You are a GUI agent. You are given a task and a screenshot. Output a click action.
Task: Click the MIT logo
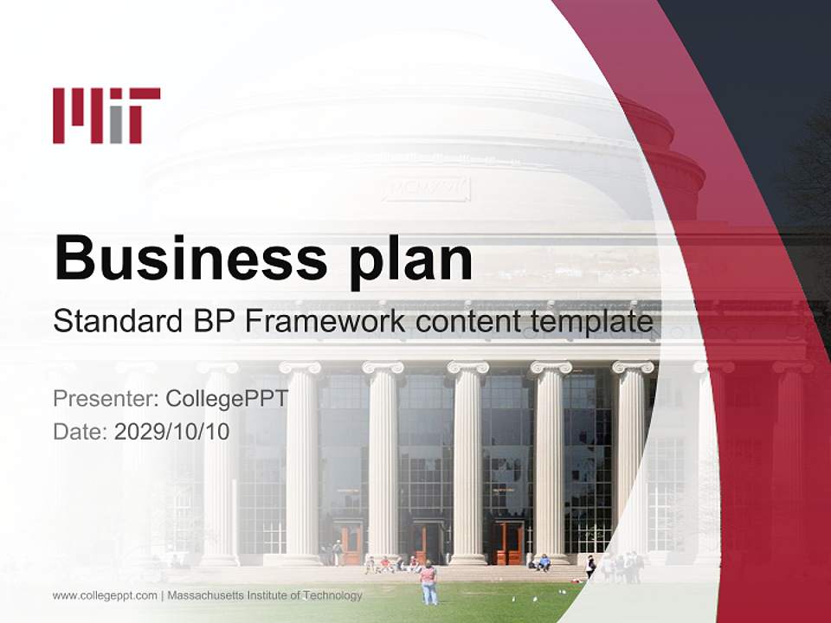tap(106, 115)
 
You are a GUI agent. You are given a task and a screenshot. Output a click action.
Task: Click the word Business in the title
tap(191, 258)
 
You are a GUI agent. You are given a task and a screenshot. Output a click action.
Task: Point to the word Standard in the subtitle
tap(113, 321)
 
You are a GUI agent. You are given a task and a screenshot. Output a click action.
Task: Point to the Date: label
tap(81, 432)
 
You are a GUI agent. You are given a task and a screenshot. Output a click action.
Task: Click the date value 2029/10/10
tap(172, 432)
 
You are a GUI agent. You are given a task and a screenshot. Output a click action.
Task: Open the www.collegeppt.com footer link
tap(105, 595)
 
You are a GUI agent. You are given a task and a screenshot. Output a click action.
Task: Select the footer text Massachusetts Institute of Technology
tap(265, 595)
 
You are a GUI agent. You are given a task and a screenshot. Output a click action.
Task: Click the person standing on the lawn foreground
tap(428, 582)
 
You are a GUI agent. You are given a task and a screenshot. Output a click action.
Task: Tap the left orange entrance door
tap(349, 543)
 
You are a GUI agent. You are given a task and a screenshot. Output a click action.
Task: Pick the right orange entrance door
tap(509, 543)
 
